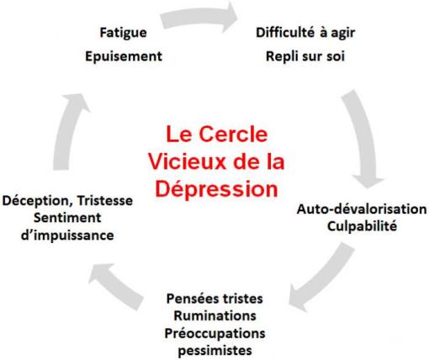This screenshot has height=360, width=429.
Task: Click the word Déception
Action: (37, 202)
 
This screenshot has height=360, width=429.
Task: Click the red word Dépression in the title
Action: (218, 188)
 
